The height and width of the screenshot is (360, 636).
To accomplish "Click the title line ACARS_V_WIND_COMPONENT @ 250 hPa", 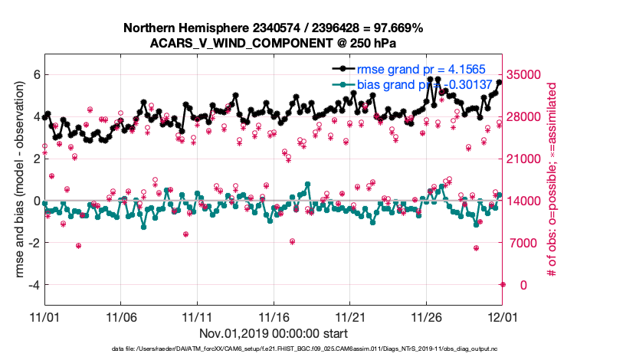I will (273, 43).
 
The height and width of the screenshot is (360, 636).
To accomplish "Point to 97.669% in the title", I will (398, 28).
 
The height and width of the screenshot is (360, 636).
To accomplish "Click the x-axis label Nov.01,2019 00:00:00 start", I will (274, 333).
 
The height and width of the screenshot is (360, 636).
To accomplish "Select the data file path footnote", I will (316, 349).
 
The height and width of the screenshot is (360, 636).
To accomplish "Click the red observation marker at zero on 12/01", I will (503, 284).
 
